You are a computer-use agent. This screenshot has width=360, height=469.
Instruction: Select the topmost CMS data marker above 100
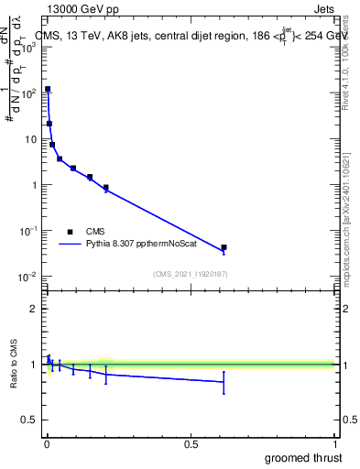[48, 90]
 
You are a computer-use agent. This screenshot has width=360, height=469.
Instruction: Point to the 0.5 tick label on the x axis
[190, 443]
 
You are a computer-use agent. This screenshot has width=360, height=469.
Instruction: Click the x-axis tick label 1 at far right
[333, 443]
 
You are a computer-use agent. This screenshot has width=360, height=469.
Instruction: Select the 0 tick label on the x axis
[46, 443]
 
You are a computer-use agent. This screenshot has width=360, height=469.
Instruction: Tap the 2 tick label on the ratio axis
[33, 309]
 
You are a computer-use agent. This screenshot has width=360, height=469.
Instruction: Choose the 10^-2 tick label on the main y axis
[26, 277]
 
